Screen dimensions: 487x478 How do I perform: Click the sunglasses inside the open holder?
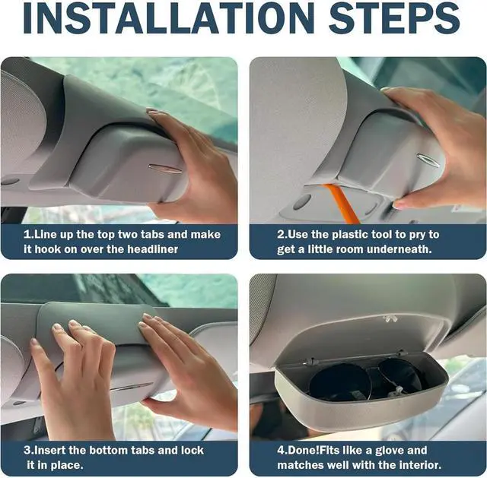pos(367,381)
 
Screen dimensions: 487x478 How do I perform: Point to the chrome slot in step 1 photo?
pos(165,169)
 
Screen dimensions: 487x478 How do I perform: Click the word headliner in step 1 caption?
pos(152,249)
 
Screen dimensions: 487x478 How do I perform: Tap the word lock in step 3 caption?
pos(193,450)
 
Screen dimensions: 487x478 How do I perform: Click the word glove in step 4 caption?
pos(390,451)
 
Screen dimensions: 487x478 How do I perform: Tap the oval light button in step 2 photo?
pos(302,201)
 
